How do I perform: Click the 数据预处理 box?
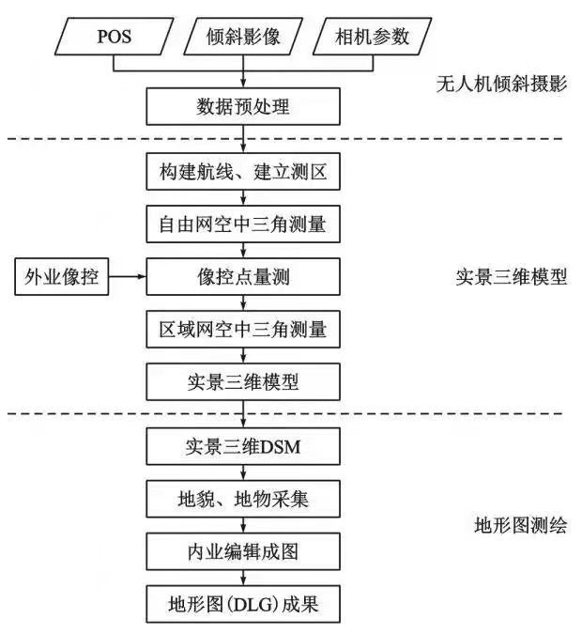click(x=243, y=108)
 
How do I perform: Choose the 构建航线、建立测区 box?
click(x=243, y=173)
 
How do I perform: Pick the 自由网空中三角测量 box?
click(x=243, y=224)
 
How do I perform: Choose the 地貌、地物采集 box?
click(x=243, y=500)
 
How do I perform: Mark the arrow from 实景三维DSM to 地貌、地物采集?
click(x=244, y=473)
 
